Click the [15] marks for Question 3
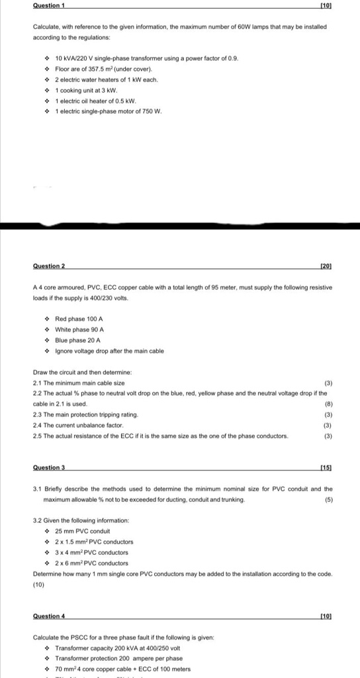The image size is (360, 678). [326, 468]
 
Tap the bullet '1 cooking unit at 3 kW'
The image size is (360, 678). [86, 90]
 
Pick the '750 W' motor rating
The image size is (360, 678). [152, 111]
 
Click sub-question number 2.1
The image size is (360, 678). [38, 383]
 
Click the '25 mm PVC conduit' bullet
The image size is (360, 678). [82, 531]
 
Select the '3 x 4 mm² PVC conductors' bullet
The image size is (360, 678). [92, 552]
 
